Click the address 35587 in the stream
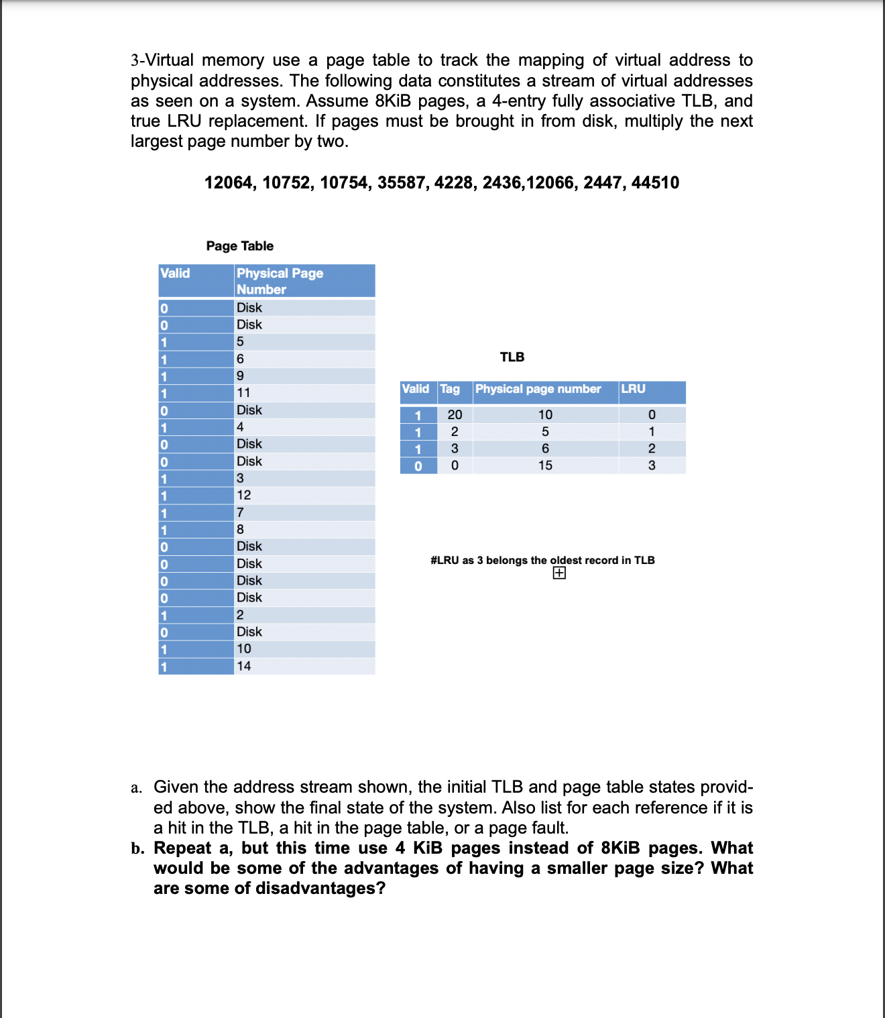point(401,182)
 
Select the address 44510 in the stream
point(654,182)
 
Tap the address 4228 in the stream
point(453,182)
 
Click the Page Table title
point(239,246)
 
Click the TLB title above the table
point(512,357)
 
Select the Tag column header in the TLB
point(450,389)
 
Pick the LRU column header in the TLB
point(633,389)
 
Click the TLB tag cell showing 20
point(455,415)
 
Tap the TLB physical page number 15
point(545,465)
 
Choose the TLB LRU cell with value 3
point(651,465)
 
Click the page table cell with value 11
point(243,393)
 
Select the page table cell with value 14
point(243,666)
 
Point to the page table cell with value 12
point(243,495)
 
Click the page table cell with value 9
point(240,376)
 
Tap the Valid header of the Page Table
point(175,273)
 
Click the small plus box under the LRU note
point(559,573)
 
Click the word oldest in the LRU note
point(565,560)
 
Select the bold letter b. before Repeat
point(137,848)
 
